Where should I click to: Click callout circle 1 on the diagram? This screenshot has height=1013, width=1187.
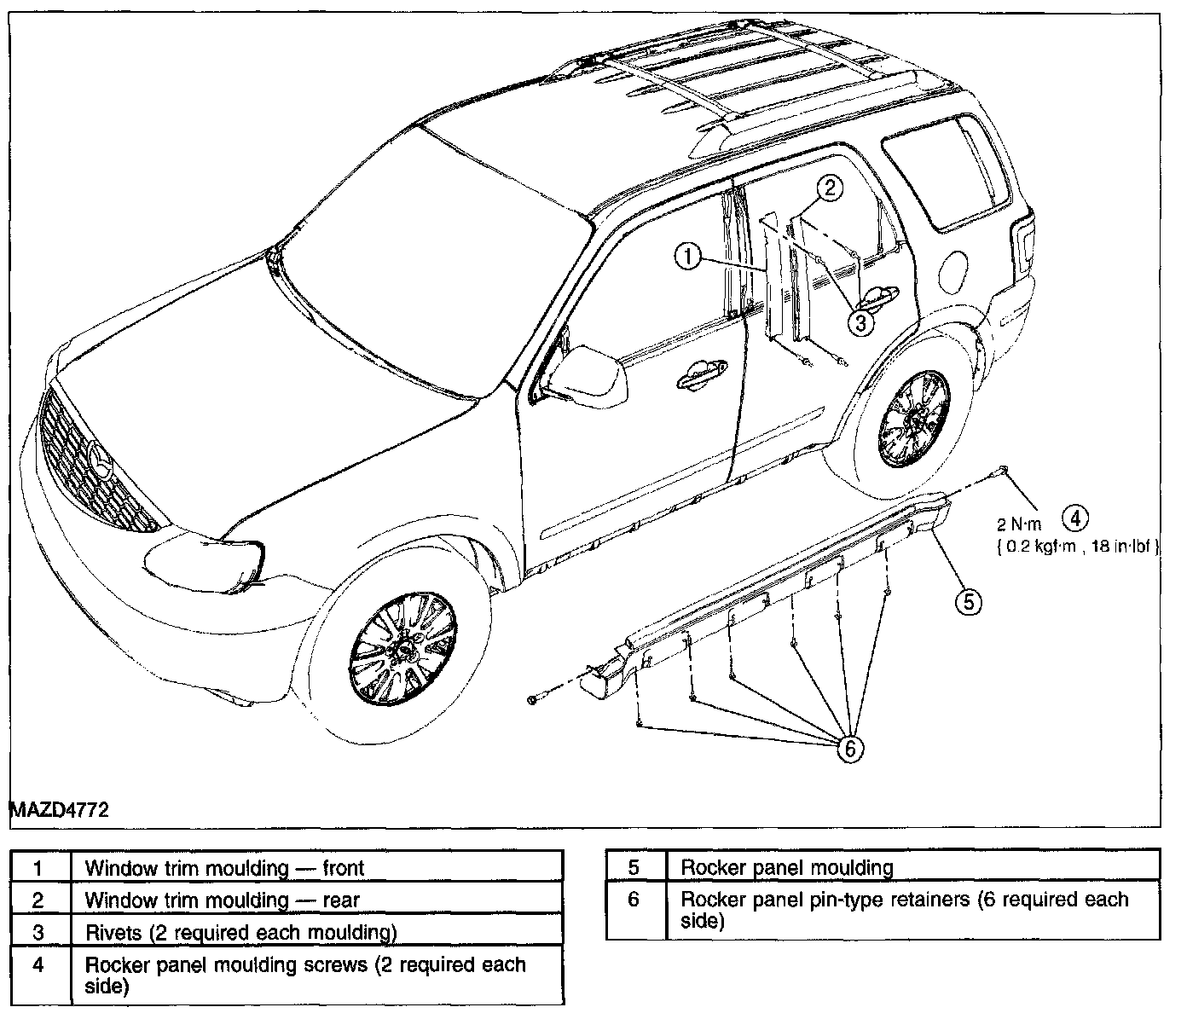[688, 255]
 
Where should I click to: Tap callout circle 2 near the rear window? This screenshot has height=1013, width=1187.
[831, 187]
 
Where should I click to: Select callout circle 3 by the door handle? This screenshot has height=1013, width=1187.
[861, 322]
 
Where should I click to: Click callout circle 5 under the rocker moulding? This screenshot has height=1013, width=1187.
[968, 602]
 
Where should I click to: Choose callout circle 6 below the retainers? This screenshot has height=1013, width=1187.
[850, 748]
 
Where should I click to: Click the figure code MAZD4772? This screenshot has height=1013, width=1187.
[60, 810]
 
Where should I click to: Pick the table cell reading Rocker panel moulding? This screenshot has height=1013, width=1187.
[786, 868]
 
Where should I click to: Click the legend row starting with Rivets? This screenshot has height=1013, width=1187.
[240, 933]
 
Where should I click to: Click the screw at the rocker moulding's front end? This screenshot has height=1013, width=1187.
[534, 699]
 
